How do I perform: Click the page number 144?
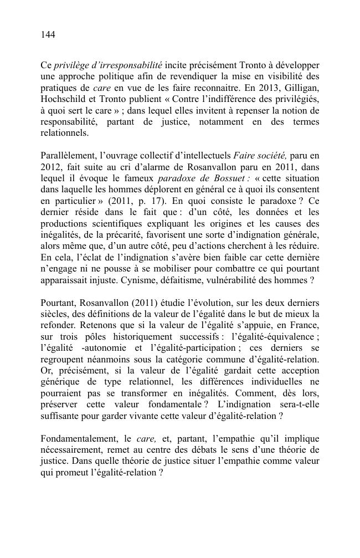tap(48, 35)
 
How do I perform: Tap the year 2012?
tap(51, 167)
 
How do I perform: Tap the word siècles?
tap(55, 314)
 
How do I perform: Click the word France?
tap(304, 325)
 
